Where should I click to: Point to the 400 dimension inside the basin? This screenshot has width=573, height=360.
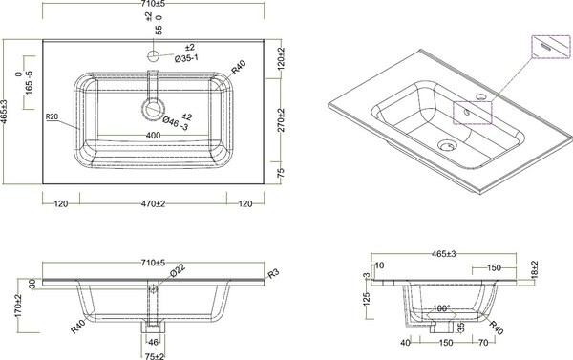152,137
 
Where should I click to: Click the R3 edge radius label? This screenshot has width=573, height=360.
273,276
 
